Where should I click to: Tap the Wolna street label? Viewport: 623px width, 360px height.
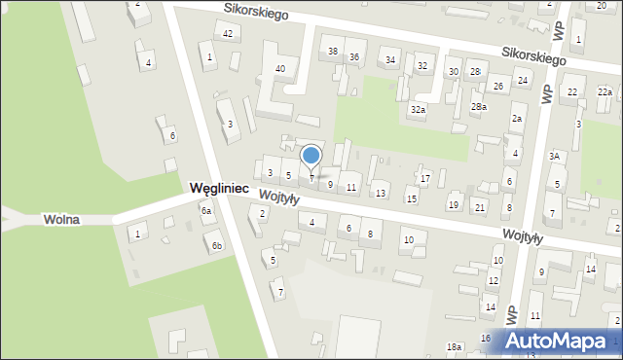(61, 220)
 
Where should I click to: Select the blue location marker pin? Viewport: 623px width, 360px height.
(311, 156)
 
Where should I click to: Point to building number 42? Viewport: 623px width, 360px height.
(228, 34)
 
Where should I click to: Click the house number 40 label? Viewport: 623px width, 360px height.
(280, 68)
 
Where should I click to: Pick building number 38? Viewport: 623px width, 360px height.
(333, 51)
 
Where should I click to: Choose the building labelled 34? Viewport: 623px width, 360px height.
(390, 60)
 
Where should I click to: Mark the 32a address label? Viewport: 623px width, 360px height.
(418, 110)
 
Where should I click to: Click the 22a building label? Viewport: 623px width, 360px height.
(605, 91)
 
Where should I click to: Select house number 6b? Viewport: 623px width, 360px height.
(217, 246)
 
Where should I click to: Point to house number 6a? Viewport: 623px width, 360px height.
(205, 210)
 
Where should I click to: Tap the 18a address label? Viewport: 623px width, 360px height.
(454, 347)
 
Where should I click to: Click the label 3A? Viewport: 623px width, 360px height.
(554, 156)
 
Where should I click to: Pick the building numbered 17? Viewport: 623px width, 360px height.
(425, 178)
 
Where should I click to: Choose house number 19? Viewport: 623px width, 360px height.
(454, 204)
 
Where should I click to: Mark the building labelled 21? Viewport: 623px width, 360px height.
(479, 207)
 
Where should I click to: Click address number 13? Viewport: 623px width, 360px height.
(381, 193)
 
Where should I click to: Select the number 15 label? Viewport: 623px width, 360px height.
(412, 198)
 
